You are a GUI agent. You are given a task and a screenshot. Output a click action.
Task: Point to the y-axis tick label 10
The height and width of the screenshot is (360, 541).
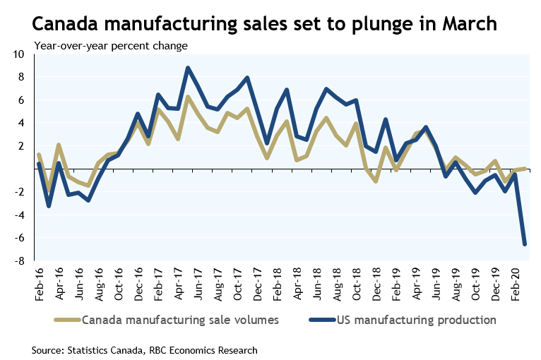pyautogui.click(x=19, y=54)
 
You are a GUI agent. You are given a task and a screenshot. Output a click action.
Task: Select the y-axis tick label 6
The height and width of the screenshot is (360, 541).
pyautogui.click(x=22, y=100)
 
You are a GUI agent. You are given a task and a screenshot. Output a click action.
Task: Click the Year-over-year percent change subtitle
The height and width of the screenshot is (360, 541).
pyautogui.click(x=111, y=47)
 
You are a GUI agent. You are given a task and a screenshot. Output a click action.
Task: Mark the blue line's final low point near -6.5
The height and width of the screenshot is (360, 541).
pyautogui.click(x=525, y=244)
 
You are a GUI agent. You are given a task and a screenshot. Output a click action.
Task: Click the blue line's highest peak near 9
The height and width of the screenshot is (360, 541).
pyautogui.click(x=187, y=68)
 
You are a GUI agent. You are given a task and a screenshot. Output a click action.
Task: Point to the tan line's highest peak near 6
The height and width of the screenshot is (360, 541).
pyautogui.click(x=187, y=97)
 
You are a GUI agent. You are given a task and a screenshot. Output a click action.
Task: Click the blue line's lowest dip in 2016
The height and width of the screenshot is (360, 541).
pyautogui.click(x=48, y=206)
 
